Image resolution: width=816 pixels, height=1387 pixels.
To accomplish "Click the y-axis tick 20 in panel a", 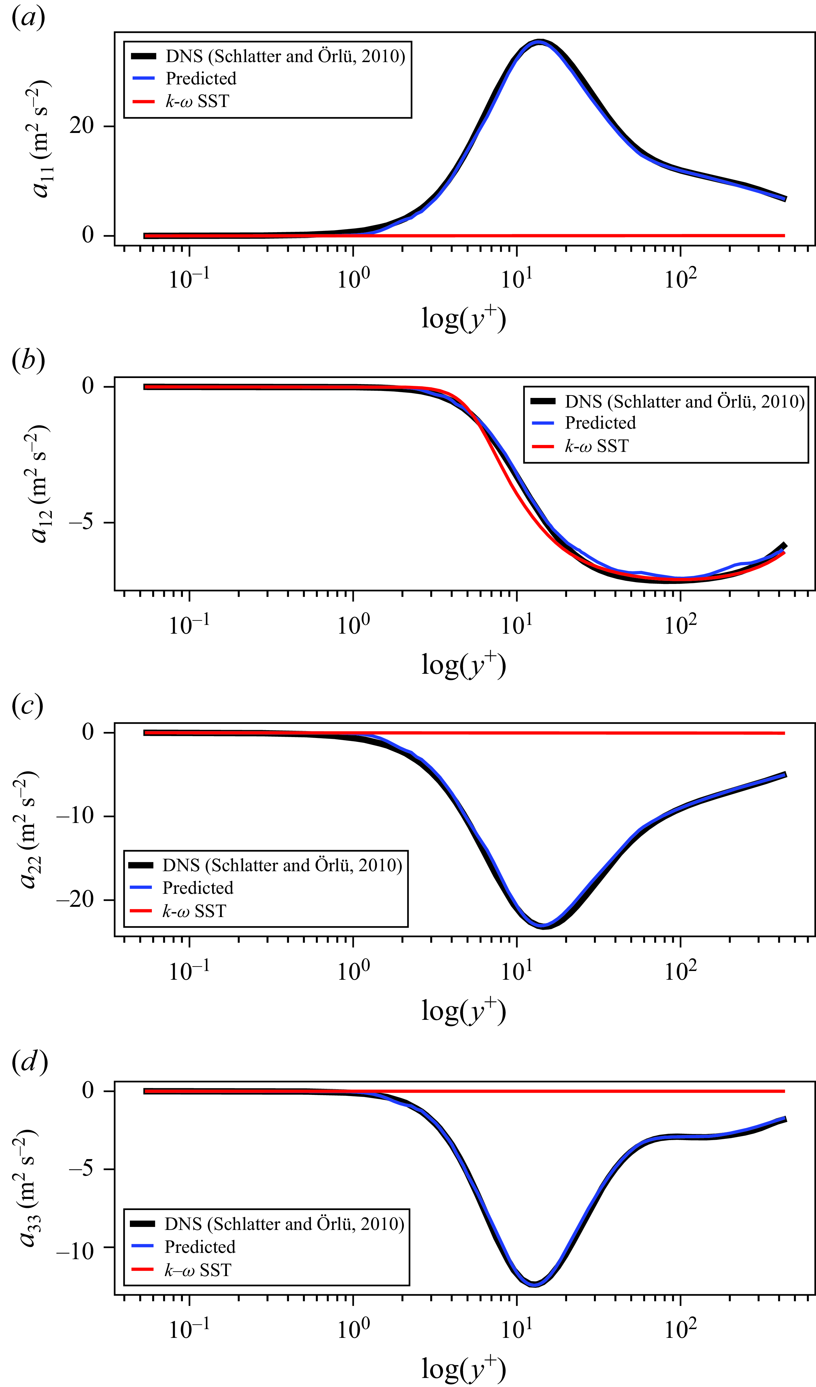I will (x=81, y=126).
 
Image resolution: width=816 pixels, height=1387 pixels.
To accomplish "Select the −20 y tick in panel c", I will (x=75, y=900).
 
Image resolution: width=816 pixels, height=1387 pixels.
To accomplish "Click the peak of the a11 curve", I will (x=540, y=42).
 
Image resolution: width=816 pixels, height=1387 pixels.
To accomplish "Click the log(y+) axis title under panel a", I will (x=463, y=319).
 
